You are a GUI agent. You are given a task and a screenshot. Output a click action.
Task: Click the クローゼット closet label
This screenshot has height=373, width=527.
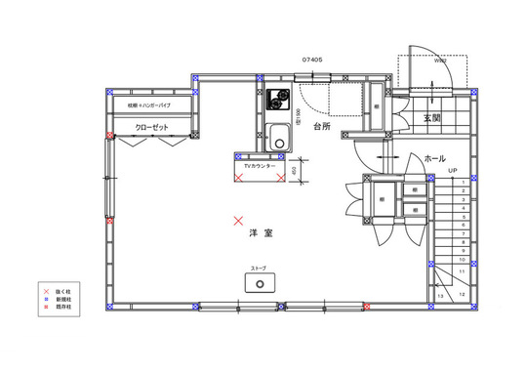pyautogui.click(x=153, y=127)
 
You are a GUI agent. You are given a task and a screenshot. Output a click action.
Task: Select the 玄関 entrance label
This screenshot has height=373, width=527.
pyautogui.click(x=433, y=118)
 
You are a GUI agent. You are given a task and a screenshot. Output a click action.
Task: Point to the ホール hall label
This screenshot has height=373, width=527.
pyautogui.click(x=435, y=157)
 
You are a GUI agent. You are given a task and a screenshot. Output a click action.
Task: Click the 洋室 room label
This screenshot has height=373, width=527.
pyautogui.click(x=260, y=234)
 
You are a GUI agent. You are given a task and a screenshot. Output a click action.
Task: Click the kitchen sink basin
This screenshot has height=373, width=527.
pyautogui.click(x=277, y=139)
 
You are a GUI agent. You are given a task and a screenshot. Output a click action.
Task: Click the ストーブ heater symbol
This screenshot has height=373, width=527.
pyautogui.click(x=261, y=283)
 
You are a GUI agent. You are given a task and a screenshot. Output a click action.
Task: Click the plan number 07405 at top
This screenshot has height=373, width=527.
pyautogui.click(x=312, y=59)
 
